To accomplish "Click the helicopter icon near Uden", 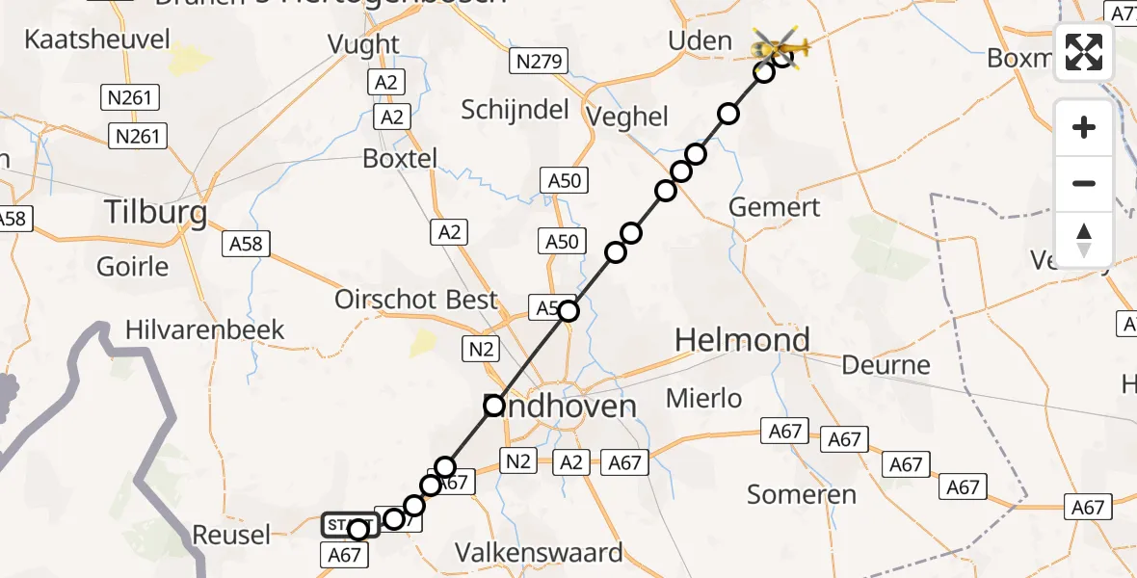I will [x=781, y=45].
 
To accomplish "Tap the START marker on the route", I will [x=349, y=526].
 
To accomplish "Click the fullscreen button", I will [x=1084, y=52].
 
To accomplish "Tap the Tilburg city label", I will [x=155, y=213].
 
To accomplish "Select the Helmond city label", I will [x=742, y=340].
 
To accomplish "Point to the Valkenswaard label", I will [x=552, y=554].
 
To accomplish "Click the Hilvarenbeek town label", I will [x=205, y=330].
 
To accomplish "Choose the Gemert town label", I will [x=775, y=207].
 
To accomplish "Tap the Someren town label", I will [x=802, y=495].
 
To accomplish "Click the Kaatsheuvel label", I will [x=97, y=39].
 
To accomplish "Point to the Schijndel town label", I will [x=515, y=110].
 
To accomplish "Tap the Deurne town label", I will [x=886, y=365].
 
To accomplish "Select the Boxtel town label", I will [x=400, y=158].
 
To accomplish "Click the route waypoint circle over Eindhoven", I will [x=494, y=406].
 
